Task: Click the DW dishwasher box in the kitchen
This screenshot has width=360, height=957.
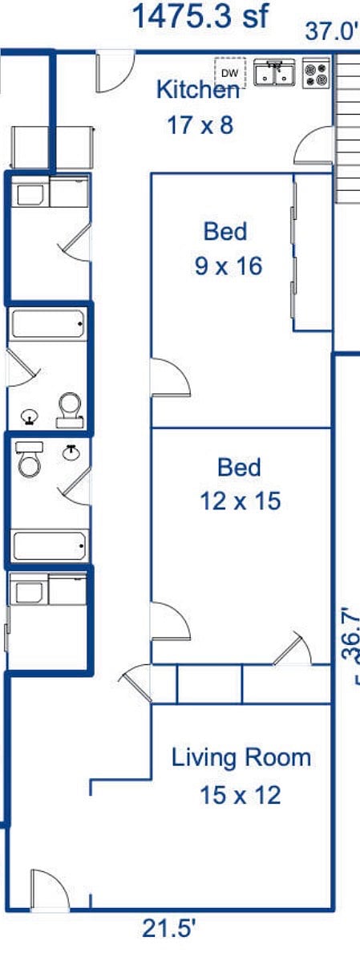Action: pos(230,73)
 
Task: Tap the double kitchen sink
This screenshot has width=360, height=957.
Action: pos(274,73)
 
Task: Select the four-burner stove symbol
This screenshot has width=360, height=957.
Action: pos(316,73)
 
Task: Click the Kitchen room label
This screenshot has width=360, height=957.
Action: pos(198,91)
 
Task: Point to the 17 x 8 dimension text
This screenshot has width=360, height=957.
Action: pos(200,126)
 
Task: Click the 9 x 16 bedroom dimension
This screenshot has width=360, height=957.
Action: pos(229,266)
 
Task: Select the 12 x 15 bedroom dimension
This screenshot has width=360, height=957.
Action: pos(241,501)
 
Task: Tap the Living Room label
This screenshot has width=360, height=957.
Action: pos(241,758)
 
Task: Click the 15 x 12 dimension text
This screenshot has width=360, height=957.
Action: pos(241,796)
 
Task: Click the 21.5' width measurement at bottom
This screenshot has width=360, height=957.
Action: pos(169,930)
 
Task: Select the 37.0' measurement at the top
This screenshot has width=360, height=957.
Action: pos(332,30)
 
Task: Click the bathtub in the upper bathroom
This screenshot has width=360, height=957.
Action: pos(48,324)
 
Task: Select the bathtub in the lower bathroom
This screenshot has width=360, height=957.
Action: pos(50,545)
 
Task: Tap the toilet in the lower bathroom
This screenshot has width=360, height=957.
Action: pos(30,459)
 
